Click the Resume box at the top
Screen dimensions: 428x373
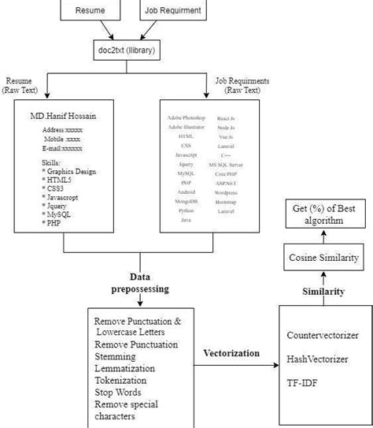point(92,12)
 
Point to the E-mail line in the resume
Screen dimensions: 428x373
point(62,147)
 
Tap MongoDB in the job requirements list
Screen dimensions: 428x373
point(187,201)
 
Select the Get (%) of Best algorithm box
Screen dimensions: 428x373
point(318,214)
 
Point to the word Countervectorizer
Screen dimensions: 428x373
point(323,335)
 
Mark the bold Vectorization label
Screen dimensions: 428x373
point(231,354)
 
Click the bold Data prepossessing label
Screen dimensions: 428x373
point(139,284)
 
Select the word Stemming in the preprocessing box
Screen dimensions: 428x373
point(116,355)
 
